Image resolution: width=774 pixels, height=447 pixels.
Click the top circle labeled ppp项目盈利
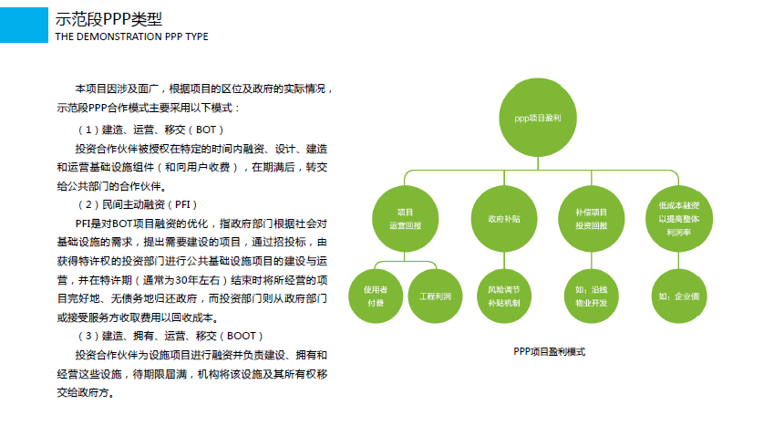click(538, 118)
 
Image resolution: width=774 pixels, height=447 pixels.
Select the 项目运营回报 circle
click(405, 219)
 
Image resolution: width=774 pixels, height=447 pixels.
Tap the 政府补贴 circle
click(504, 219)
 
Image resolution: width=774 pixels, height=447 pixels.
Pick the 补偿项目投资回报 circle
click(591, 219)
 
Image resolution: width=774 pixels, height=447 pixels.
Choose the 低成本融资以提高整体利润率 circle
click(678, 219)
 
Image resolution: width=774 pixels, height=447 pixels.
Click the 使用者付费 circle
click(376, 296)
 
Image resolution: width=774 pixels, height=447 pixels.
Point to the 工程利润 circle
click(435, 296)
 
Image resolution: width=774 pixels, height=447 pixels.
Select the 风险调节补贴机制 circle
click(504, 296)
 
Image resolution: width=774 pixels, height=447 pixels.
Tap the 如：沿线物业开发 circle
click(591, 296)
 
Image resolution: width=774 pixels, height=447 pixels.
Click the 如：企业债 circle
click(678, 296)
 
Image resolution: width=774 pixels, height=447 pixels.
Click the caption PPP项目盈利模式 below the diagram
click(550, 352)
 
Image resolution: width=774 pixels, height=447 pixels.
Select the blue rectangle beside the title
click(25, 25)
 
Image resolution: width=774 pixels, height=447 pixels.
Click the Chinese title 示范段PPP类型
click(108, 19)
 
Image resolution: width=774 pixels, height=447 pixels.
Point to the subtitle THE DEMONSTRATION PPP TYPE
click(132, 36)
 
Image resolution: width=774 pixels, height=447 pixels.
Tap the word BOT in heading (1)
click(206, 130)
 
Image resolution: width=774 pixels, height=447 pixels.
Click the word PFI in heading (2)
click(182, 204)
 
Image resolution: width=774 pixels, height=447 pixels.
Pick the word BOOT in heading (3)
click(242, 336)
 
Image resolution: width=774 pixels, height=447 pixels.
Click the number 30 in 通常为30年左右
click(181, 280)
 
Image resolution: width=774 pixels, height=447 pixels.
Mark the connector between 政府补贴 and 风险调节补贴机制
click(504, 260)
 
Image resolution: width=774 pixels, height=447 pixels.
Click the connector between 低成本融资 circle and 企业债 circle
click(678, 260)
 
